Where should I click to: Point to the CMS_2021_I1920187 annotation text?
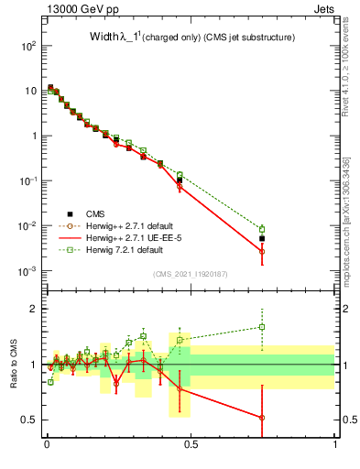point(191,274)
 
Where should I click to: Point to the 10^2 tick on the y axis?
point(30,46)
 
